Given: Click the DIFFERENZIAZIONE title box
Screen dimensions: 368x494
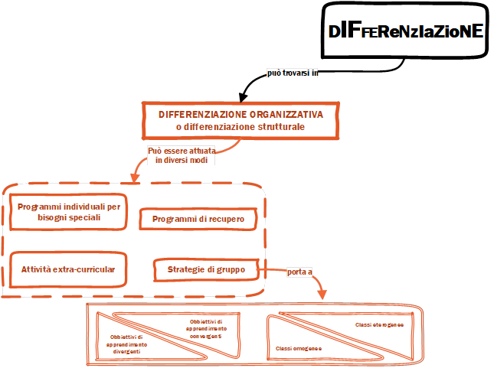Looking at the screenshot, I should pos(405,31).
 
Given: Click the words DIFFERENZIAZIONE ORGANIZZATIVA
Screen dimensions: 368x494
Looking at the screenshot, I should pos(240,114).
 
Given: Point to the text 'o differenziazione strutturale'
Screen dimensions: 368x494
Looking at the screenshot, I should pos(240,126).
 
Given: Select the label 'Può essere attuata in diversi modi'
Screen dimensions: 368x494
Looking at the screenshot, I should pos(182,156).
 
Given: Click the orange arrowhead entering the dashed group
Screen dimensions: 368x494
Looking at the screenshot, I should pos(135,179).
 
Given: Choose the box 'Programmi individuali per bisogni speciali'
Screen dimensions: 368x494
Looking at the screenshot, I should pos(69,212).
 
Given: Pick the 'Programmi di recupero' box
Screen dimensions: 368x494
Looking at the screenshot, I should pos(198,220).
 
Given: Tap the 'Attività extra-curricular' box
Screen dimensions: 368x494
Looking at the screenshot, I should pos(68,269).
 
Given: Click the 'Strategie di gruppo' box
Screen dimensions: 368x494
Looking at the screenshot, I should pos(206,269).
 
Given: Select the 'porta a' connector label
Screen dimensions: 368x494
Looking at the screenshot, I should pos(299,272).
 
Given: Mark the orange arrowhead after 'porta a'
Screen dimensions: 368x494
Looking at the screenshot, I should pos(324,295).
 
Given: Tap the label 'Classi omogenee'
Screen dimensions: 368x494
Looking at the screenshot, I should pos(298,349).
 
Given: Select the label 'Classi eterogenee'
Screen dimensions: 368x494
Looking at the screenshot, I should pos(379,325).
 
